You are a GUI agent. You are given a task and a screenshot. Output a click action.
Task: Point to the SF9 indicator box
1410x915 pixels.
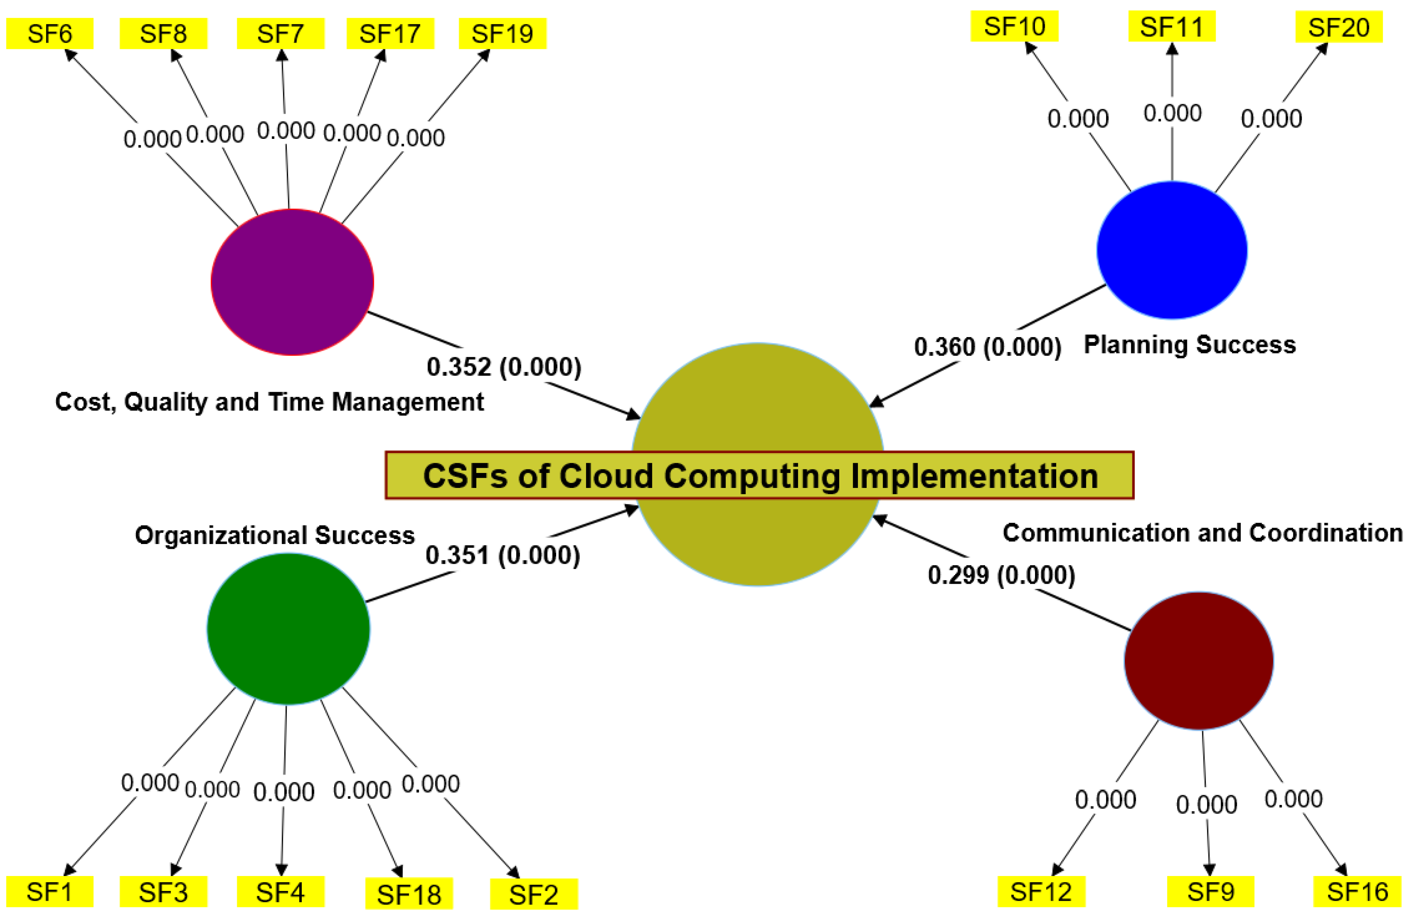click(1210, 891)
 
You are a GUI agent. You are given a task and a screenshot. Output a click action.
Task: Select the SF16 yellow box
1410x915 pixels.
click(1357, 891)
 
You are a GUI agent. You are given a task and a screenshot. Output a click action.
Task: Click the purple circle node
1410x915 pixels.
click(292, 282)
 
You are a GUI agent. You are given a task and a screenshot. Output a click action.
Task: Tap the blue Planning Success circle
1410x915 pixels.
click(1171, 250)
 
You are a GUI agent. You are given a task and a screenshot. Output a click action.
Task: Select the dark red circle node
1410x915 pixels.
click(1199, 660)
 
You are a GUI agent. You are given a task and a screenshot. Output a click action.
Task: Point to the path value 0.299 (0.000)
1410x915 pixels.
click(1001, 575)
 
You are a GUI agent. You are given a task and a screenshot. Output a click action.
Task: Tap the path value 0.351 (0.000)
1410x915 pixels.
click(503, 555)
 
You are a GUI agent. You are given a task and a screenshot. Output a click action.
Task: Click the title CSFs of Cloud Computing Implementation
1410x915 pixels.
click(759, 476)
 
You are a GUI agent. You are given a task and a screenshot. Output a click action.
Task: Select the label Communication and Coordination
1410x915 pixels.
click(1202, 533)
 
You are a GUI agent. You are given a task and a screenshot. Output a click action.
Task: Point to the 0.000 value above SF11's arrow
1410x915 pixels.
click(1172, 113)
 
